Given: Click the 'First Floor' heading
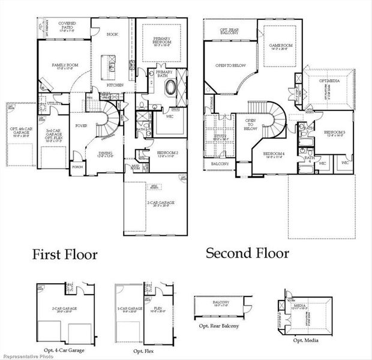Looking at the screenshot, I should tap(64, 254).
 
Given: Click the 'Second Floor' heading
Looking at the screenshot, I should tap(247, 253).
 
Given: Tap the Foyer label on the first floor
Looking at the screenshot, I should tap(80, 126).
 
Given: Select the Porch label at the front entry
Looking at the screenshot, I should tap(77, 167).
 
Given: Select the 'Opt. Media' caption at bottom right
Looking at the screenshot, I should tap(305, 340).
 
